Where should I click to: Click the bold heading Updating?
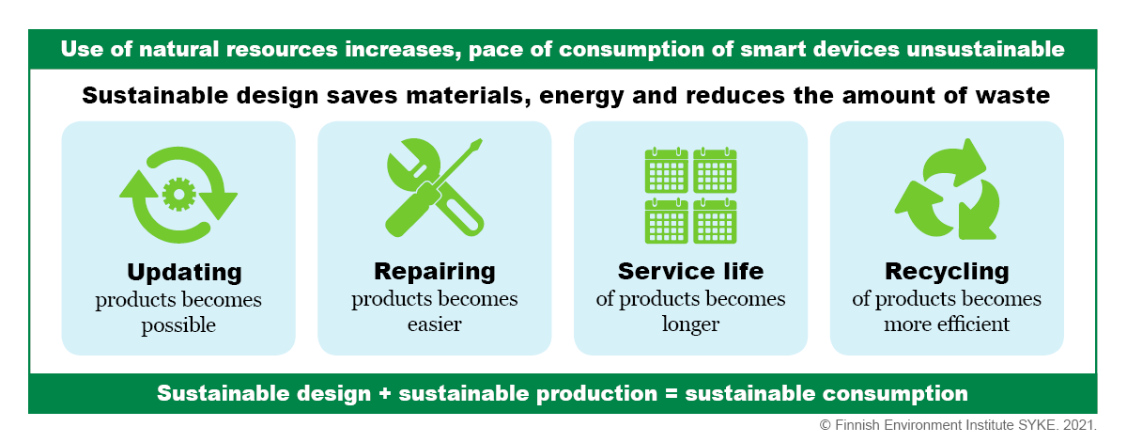[184, 273]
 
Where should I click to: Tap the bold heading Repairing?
[435, 273]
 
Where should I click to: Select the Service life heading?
[691, 271]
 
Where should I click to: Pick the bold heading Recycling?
[947, 273]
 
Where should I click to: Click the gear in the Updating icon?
[179, 194]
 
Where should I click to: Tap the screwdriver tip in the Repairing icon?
[476, 144]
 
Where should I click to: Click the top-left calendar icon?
[667, 170]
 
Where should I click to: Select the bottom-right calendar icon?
[715, 221]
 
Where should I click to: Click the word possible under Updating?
[178, 325]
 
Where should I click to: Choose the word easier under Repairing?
[435, 324]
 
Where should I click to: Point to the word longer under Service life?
[691, 325]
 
